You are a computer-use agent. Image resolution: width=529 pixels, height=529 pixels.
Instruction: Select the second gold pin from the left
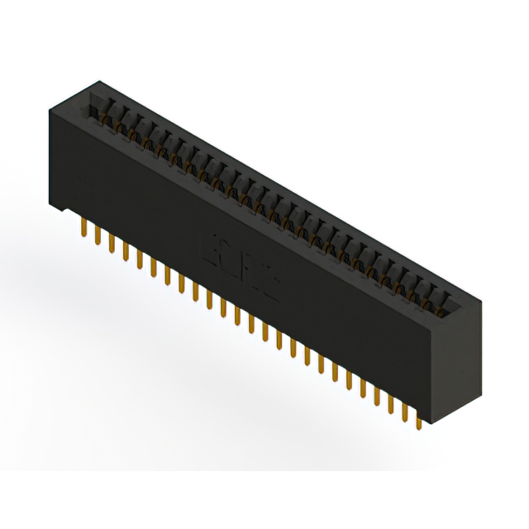point(97,236)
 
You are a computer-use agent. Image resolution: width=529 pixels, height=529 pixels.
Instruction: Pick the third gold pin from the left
point(111,242)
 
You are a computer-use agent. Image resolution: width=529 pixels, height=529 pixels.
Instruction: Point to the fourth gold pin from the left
point(125,249)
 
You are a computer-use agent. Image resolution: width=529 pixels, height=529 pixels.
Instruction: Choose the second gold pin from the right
point(404,411)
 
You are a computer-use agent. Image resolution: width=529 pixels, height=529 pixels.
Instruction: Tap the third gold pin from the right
point(390,403)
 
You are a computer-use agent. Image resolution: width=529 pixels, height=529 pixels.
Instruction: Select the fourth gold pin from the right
point(376,395)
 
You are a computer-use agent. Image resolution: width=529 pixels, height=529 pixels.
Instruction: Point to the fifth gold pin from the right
point(362,388)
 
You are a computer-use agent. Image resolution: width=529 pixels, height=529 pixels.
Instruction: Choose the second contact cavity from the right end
point(431,295)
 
